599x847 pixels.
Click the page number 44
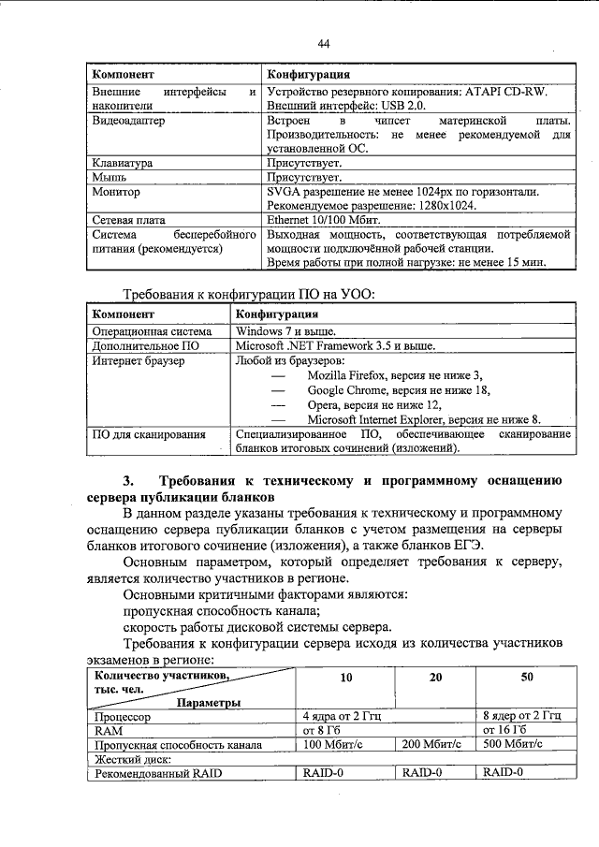point(324,44)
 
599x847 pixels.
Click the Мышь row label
point(110,176)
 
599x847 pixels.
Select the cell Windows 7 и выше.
point(285,331)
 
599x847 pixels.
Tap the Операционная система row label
point(151,331)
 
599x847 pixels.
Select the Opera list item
point(360,404)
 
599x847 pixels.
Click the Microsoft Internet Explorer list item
point(410,419)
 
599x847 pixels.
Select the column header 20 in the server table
point(435,677)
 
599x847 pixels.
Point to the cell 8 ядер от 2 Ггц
point(520,714)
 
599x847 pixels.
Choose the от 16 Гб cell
point(505,729)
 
